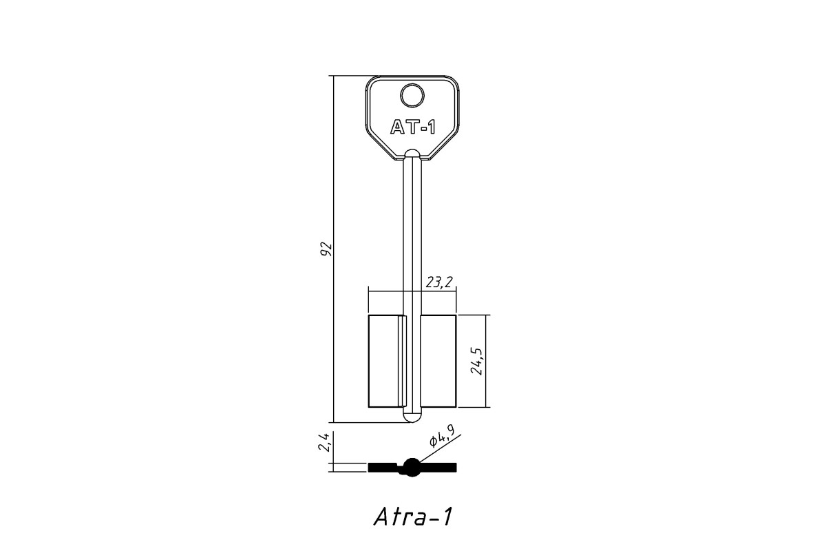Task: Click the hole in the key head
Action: pos(412,96)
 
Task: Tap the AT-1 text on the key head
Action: pos(413,127)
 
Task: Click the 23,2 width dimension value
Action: pos(439,282)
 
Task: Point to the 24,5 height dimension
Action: pos(478,362)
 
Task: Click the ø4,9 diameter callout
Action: pos(442,437)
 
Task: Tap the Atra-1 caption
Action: pos(413,517)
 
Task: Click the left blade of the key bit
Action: pos(387,362)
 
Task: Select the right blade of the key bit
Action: pos(438,362)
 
